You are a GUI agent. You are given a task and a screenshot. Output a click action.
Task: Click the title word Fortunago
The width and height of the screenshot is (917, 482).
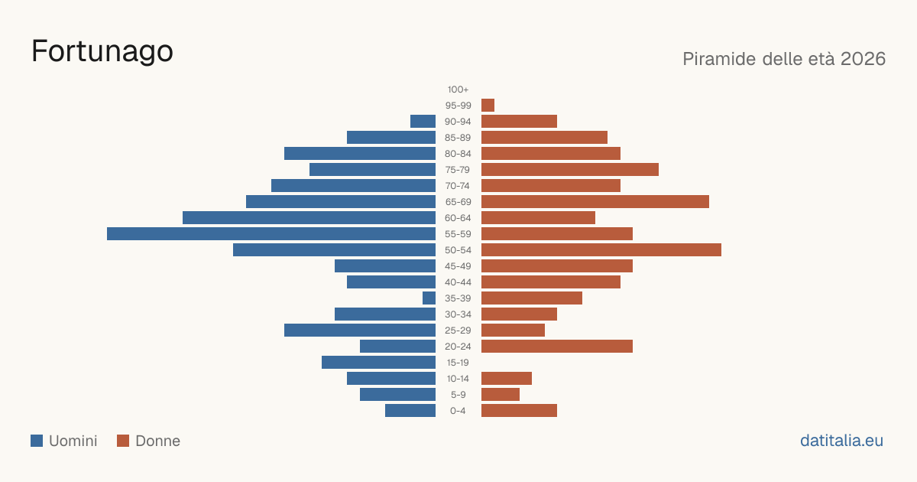(102, 52)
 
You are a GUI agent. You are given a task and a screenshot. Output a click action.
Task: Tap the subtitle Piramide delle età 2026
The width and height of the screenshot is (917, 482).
(784, 59)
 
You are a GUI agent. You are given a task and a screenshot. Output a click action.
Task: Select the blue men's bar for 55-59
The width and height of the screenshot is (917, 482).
(271, 233)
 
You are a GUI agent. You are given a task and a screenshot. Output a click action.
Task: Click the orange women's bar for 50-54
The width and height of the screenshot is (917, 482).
(601, 250)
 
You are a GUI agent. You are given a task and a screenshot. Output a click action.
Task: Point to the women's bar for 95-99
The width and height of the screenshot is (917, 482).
(488, 106)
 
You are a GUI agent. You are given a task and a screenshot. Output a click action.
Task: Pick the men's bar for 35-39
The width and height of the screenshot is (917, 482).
(429, 298)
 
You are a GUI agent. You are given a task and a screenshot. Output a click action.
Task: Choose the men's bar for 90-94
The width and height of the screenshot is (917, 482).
(423, 122)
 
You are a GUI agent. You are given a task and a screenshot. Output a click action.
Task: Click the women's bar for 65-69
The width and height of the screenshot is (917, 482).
(595, 202)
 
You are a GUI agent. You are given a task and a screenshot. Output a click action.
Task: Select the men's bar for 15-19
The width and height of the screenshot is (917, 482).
(379, 363)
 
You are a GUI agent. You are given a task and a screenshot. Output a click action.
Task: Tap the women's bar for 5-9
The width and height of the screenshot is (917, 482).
(501, 394)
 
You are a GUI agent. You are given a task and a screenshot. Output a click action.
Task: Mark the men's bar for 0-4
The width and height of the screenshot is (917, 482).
(410, 411)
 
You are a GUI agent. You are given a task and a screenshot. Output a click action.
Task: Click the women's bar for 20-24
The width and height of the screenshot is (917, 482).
(557, 347)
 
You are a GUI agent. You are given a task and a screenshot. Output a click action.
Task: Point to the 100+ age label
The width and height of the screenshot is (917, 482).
(458, 90)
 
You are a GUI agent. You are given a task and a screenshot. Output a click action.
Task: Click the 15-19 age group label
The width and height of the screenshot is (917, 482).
(458, 363)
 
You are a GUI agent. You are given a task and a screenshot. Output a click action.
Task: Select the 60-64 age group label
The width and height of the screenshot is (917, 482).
(458, 218)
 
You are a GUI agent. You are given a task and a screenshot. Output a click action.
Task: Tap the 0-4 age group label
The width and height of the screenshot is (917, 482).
(458, 411)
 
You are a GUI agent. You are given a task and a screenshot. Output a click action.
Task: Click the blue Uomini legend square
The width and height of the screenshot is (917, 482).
(37, 441)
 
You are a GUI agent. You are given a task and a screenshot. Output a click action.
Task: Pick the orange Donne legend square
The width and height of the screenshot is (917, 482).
(123, 441)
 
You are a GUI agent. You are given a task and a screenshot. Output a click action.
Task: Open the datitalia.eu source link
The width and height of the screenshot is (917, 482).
(841, 441)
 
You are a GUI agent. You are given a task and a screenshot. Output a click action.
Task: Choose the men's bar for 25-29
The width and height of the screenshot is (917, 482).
(360, 331)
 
